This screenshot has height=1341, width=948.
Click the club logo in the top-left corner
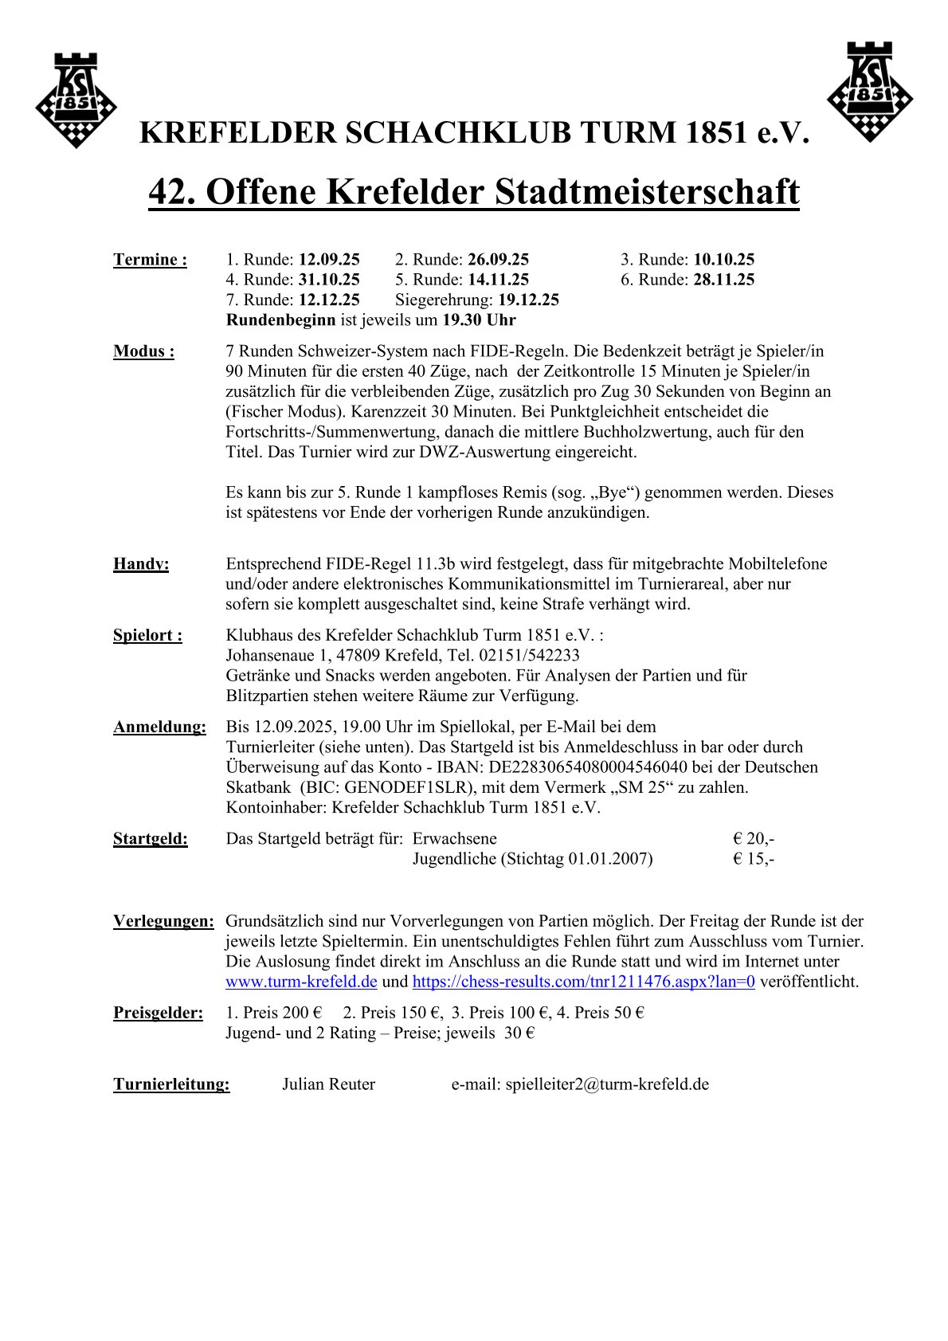(x=76, y=100)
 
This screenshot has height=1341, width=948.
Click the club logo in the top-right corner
(x=870, y=93)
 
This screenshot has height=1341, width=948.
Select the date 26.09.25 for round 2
(x=498, y=260)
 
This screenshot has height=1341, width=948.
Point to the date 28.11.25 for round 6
(x=723, y=280)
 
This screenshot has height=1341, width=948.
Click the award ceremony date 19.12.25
(x=528, y=300)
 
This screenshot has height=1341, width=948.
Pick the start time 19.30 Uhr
(x=480, y=320)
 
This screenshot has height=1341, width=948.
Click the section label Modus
(x=143, y=351)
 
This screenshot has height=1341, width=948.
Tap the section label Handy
(x=141, y=564)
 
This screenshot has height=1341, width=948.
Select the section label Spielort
(x=147, y=636)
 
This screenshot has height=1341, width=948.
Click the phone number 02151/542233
(x=529, y=656)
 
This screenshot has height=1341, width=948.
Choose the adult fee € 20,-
(x=753, y=838)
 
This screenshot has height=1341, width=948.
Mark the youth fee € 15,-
(x=753, y=859)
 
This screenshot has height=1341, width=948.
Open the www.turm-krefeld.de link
(x=301, y=982)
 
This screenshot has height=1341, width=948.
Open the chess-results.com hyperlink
(x=583, y=982)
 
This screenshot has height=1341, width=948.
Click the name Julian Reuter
(x=328, y=1084)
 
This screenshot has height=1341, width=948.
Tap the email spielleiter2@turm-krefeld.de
(x=607, y=1084)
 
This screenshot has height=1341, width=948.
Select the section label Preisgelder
(x=158, y=1014)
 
